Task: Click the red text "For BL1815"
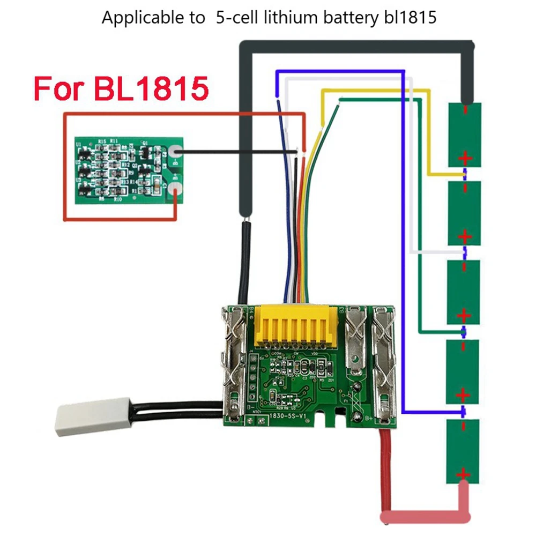[x=121, y=88]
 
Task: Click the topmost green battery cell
[x=465, y=135]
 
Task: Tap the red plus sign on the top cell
[x=465, y=158]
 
